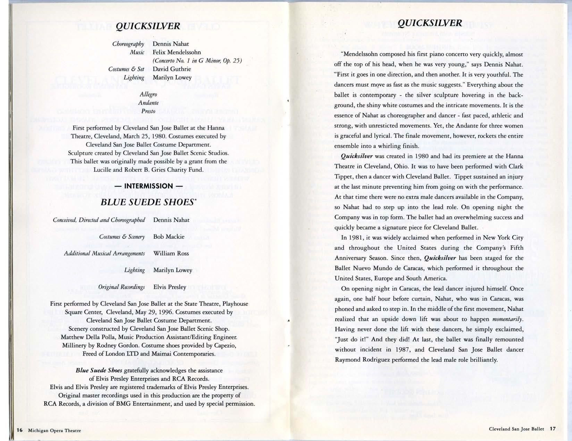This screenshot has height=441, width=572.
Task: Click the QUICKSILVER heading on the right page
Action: [430, 23]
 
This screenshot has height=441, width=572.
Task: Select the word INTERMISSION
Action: [148, 186]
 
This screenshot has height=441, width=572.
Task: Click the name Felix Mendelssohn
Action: [177, 52]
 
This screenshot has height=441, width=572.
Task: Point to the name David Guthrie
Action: [172, 69]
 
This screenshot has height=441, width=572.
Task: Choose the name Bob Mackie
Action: [169, 237]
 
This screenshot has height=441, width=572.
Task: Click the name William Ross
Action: [171, 253]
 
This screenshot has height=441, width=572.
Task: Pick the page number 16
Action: [19, 430]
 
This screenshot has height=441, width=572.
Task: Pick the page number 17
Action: [553, 428]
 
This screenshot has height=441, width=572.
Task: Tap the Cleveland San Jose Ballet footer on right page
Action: [516, 429]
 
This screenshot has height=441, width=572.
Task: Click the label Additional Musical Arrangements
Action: [104, 253]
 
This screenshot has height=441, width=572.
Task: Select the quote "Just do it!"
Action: [352, 340]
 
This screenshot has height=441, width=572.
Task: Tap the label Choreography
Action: [128, 44]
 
